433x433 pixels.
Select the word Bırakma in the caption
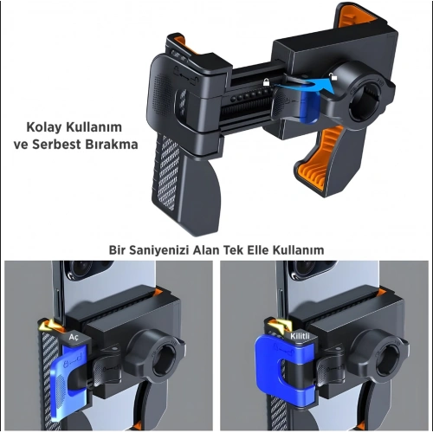(112, 145)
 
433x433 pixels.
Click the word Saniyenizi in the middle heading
(158, 250)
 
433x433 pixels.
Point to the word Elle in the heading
(258, 250)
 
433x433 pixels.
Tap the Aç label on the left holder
(74, 337)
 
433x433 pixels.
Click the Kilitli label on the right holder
(300, 336)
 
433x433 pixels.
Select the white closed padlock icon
(266, 82)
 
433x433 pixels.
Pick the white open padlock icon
(333, 76)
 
